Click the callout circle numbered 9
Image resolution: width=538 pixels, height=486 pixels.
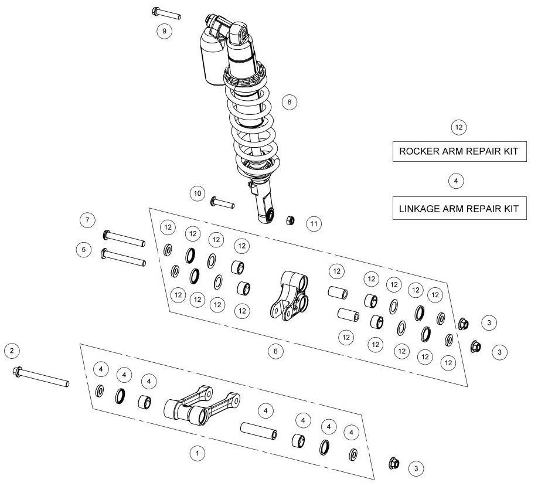(x=164, y=31)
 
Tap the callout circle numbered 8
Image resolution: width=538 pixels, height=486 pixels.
(x=290, y=102)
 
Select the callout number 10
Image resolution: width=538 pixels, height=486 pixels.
(x=198, y=193)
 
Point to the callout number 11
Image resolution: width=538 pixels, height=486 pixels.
(x=314, y=224)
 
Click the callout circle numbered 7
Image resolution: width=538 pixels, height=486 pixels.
(x=87, y=220)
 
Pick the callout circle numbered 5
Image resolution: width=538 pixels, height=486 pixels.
(x=84, y=250)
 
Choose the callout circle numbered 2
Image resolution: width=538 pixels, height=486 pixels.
(x=12, y=351)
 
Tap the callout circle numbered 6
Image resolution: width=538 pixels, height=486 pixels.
(x=275, y=351)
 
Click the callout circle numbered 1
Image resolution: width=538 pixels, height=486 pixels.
(x=198, y=453)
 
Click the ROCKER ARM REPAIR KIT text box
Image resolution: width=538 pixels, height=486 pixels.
(x=459, y=151)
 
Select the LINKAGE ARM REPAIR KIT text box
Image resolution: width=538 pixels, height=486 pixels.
(x=459, y=208)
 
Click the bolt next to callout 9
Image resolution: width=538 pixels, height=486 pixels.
(x=166, y=13)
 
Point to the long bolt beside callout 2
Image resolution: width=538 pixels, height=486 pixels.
(x=41, y=377)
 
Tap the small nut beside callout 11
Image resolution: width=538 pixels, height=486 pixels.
(x=290, y=220)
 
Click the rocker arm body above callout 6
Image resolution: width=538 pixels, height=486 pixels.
(x=289, y=295)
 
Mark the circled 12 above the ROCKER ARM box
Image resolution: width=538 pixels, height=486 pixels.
(x=459, y=128)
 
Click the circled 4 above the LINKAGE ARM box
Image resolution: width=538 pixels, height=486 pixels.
(x=456, y=181)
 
